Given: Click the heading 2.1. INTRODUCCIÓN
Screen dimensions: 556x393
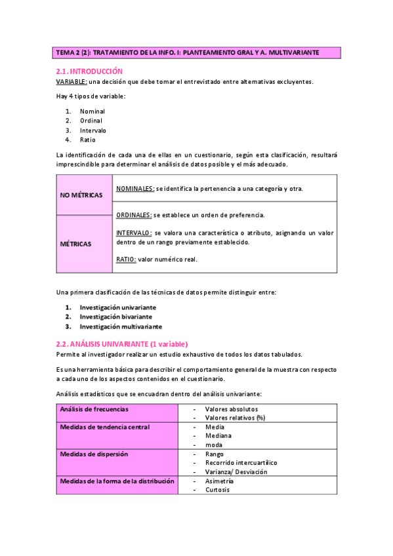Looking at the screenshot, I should [x=89, y=71].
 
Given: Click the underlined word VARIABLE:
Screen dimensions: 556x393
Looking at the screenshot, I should [x=71, y=81].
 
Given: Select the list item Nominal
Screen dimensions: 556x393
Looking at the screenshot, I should [x=92, y=111].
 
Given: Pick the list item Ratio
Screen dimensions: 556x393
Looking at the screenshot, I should [x=87, y=140].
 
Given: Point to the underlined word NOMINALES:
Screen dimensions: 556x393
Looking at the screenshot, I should [x=135, y=189].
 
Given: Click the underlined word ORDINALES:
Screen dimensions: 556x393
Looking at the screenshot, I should [x=134, y=214].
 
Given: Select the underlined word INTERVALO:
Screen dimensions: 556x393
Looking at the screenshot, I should [x=134, y=233].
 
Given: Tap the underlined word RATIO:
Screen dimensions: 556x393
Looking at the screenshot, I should [x=126, y=259].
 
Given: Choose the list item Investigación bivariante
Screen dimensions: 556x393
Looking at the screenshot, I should [x=115, y=316].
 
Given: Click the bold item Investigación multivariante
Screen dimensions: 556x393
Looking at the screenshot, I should [x=121, y=326].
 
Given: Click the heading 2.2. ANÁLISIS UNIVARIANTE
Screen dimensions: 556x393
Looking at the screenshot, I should [x=122, y=344].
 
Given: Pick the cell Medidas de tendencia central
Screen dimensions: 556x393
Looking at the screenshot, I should [x=105, y=427].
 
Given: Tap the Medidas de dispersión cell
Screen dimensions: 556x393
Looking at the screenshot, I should [x=94, y=454].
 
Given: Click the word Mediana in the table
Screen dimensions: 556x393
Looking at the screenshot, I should [x=218, y=435].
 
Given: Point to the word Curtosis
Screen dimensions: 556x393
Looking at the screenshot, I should [x=217, y=490].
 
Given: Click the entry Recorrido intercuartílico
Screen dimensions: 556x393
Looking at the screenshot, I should [x=241, y=463].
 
